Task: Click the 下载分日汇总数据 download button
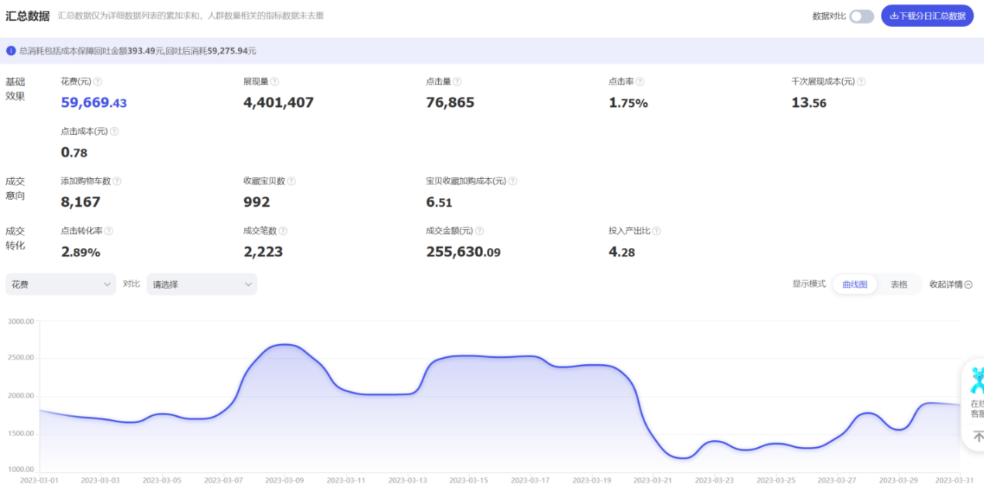tap(927, 15)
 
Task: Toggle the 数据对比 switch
tap(861, 16)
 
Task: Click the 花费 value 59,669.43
tap(94, 102)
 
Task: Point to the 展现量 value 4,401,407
tap(278, 102)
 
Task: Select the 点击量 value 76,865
tap(450, 102)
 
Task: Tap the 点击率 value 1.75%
tap(628, 102)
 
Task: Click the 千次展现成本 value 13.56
tap(809, 102)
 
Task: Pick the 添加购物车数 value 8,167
tap(81, 202)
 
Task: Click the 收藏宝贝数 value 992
tap(257, 202)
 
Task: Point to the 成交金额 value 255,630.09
tap(463, 252)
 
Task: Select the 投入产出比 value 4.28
tap(622, 252)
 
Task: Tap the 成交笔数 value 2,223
tap(263, 252)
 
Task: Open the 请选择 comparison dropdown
tap(202, 284)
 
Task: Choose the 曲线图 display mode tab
tap(855, 284)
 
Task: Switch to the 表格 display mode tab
tap(899, 284)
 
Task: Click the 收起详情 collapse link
tap(951, 284)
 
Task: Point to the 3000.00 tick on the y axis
tap(21, 321)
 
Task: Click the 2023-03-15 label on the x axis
tap(469, 481)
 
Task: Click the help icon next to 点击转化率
tap(109, 231)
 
